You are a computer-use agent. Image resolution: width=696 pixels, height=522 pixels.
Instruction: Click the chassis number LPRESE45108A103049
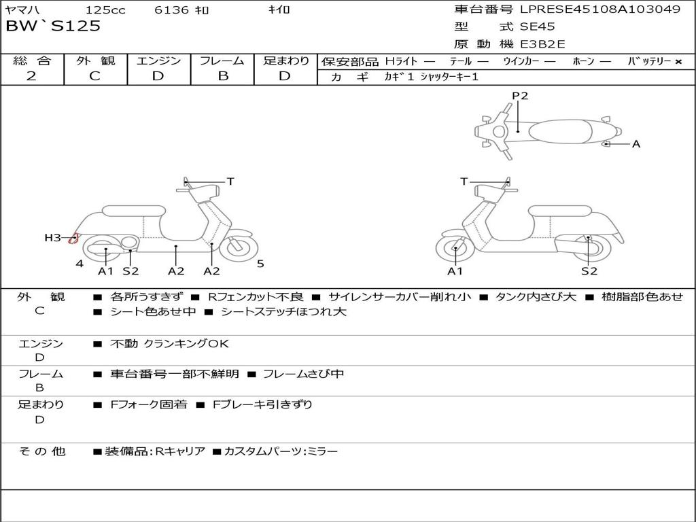click(x=600, y=10)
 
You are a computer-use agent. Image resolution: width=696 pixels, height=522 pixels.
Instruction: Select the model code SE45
click(x=538, y=27)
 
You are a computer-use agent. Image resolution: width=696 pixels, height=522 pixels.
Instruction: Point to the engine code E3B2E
click(x=542, y=44)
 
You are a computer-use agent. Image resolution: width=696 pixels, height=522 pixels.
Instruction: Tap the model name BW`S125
click(x=53, y=27)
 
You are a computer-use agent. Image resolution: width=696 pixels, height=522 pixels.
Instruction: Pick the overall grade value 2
click(x=31, y=76)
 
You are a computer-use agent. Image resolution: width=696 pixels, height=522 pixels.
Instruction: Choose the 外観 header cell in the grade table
click(x=95, y=60)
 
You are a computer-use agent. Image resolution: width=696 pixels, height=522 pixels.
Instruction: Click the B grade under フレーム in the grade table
click(x=222, y=76)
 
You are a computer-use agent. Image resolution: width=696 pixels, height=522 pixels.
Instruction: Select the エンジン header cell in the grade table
click(x=158, y=60)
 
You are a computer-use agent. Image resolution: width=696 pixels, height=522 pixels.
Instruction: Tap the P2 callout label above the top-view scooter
click(x=520, y=96)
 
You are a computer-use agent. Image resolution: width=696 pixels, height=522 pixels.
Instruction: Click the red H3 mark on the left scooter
click(x=73, y=238)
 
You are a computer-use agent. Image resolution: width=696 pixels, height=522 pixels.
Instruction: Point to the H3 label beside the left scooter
click(x=53, y=238)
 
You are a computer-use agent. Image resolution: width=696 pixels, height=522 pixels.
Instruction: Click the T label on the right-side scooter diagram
click(x=464, y=181)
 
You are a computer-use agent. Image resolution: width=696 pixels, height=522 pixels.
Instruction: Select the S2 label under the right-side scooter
click(x=589, y=271)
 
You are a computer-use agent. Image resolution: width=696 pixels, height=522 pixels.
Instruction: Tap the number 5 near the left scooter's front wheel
click(x=260, y=263)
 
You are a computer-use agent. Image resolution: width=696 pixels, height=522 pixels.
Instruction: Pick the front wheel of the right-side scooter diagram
click(x=455, y=248)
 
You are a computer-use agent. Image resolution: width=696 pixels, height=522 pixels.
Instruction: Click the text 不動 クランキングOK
click(x=170, y=344)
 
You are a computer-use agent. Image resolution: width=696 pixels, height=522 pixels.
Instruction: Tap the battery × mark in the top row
click(x=678, y=61)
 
